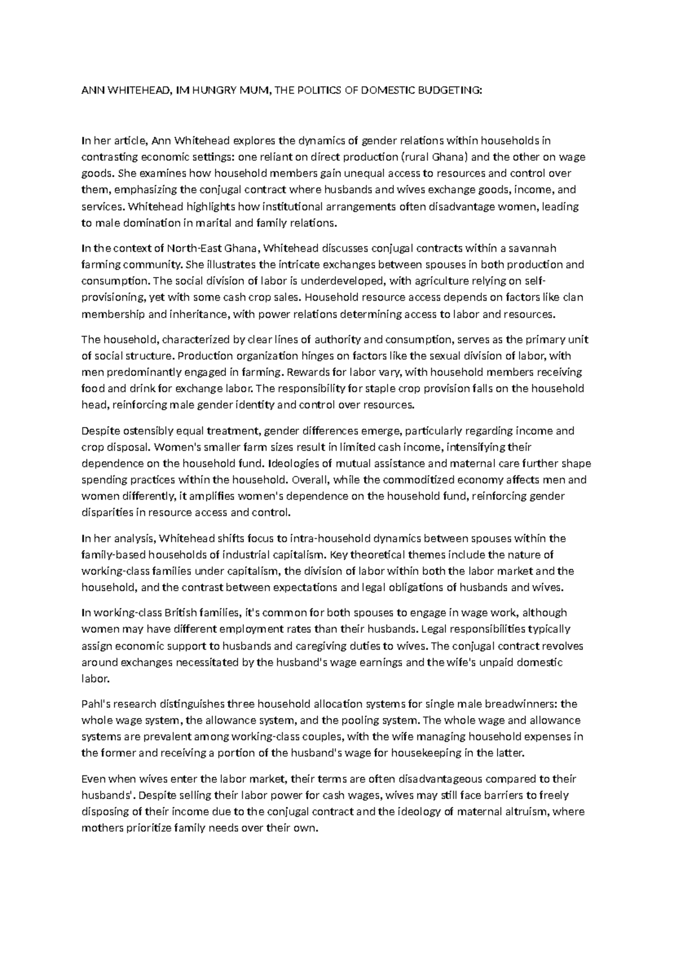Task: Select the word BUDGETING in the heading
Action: [x=449, y=92]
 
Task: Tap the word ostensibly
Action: [x=151, y=431]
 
